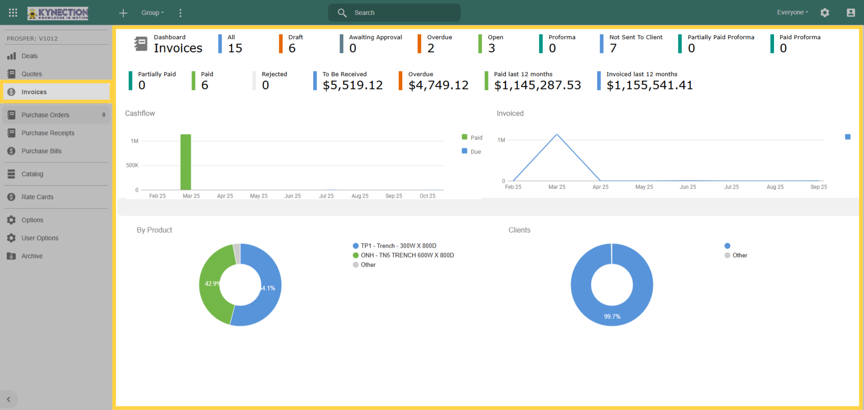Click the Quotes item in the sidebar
(x=31, y=74)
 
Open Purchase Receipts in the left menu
(x=48, y=133)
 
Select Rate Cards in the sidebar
(x=37, y=197)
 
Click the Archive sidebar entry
(x=32, y=256)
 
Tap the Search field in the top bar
(x=394, y=13)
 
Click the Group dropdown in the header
(x=152, y=13)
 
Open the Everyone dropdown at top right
(x=792, y=12)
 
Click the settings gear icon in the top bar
(x=825, y=13)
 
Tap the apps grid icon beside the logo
(x=13, y=13)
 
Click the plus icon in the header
(x=123, y=13)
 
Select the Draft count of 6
(x=292, y=48)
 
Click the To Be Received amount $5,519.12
(x=352, y=85)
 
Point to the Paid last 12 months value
(x=537, y=85)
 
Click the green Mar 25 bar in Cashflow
(x=186, y=162)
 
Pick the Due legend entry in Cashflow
(x=472, y=151)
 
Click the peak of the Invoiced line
(x=557, y=134)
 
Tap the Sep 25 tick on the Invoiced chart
(x=819, y=187)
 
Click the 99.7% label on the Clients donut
(x=612, y=316)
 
